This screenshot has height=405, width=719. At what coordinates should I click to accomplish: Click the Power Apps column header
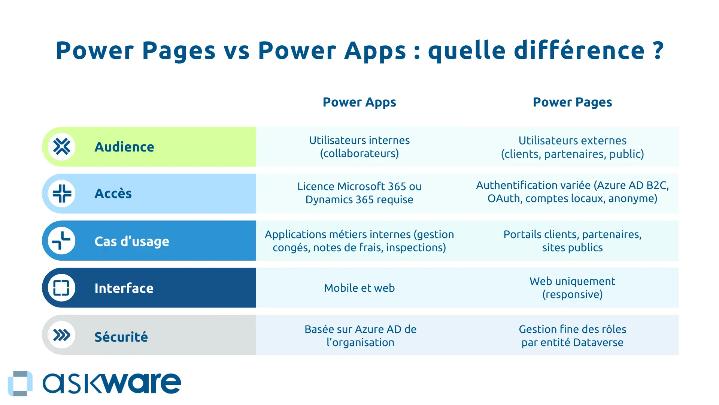359,102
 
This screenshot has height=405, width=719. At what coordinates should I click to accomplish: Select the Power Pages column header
572,102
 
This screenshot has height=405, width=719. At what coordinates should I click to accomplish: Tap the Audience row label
124,147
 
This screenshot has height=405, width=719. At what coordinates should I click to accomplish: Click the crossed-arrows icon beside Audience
62,147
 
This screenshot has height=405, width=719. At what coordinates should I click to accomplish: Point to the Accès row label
113,193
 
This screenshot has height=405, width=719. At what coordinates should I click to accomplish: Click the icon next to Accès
62,193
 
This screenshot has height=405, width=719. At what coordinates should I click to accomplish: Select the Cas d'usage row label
131,241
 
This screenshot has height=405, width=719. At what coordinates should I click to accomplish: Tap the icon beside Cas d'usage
62,241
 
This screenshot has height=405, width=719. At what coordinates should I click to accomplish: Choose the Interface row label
124,288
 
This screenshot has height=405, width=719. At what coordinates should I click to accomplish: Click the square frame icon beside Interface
61,288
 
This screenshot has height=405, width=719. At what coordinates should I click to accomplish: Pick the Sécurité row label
121,337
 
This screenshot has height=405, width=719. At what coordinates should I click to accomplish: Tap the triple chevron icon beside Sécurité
62,335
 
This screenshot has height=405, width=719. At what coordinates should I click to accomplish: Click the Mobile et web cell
359,288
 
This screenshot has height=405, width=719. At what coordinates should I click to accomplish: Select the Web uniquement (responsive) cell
572,288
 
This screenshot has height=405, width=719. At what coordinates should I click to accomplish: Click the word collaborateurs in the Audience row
359,154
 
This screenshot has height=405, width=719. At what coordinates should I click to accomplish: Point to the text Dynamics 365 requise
359,199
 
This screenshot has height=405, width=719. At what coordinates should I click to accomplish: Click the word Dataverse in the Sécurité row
598,343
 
